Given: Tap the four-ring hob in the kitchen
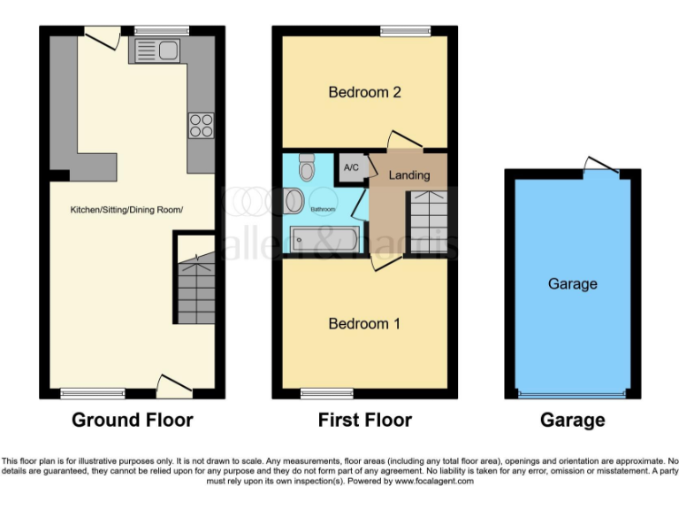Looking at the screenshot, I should point(201,126).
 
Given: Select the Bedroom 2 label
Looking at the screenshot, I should point(364,92).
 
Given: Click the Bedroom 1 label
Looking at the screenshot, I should point(364,324).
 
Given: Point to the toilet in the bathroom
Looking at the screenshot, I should point(307,166).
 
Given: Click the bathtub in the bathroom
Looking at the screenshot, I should point(324,239).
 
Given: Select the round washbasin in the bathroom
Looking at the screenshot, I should point(295,201).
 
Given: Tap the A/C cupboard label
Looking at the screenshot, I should point(350,167).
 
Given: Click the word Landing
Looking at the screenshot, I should point(408,174).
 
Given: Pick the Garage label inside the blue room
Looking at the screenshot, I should point(572,283).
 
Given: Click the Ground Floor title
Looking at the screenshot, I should point(132,420).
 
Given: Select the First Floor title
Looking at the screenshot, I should point(364,420).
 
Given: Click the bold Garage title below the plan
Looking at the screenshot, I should point(572,420).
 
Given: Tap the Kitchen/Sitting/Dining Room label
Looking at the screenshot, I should point(127,210).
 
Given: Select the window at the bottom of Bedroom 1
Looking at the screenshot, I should point(326,393).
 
